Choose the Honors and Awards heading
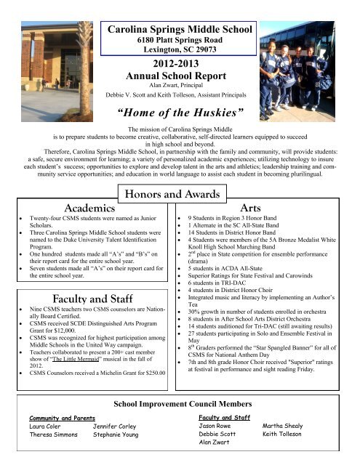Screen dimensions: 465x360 [180, 191]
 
